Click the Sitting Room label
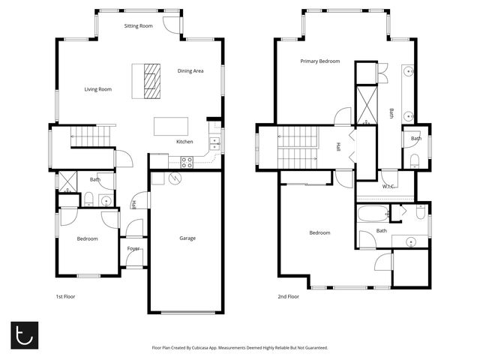point(138,26)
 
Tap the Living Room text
point(97,89)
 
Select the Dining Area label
point(190,71)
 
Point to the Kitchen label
point(184,142)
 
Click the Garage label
point(187,238)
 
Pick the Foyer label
point(133,248)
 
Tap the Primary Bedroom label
point(320,61)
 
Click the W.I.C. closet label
point(389,186)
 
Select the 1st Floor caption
point(66,296)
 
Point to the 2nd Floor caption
point(288,296)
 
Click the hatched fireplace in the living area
point(152,80)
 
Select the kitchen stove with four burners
point(186,160)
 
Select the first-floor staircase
point(90,136)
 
